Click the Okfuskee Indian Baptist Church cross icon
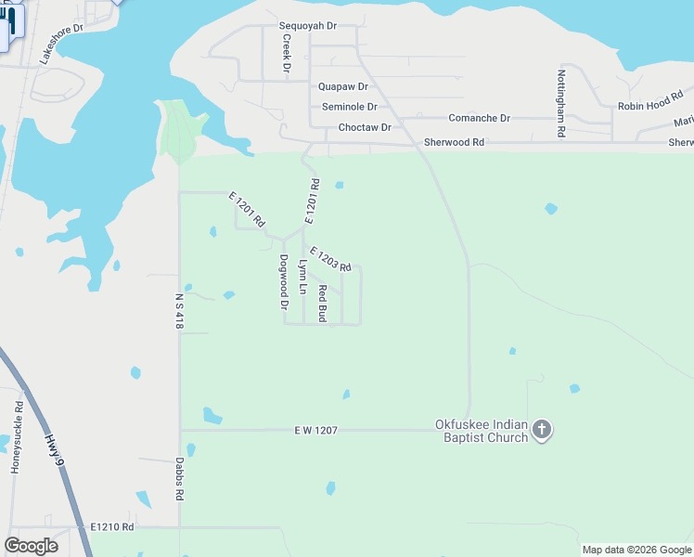(x=542, y=430)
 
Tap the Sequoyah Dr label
(x=308, y=27)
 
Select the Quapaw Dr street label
(x=343, y=85)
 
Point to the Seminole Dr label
(x=350, y=107)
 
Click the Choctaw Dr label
(x=365, y=127)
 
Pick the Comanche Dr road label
(x=479, y=118)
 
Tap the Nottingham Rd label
(x=561, y=103)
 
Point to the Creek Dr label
(x=287, y=54)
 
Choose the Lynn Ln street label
(x=302, y=277)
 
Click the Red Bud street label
(x=323, y=304)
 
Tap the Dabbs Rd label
(x=179, y=480)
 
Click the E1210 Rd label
(x=112, y=526)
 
